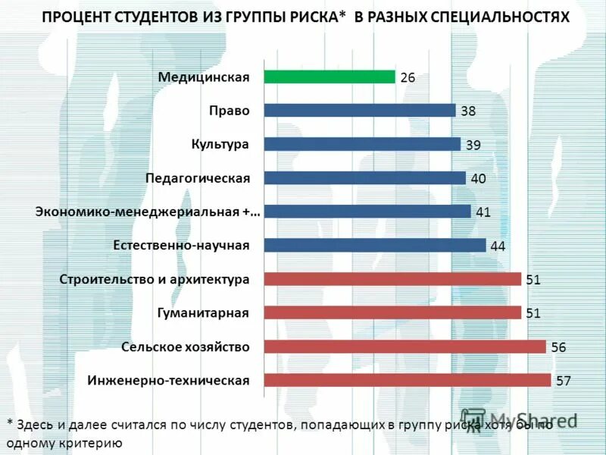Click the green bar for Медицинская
[330, 77]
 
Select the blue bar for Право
[359, 110]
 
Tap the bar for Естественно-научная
[375, 245]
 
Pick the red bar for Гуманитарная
[392, 312]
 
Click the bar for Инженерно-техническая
[408, 380]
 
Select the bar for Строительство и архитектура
[392, 279]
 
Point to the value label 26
[408, 77]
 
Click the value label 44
[498, 246]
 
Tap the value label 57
[563, 381]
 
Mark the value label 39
[473, 145]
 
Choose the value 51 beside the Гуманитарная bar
[533, 313]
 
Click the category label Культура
[220, 143]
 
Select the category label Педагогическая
[197, 177]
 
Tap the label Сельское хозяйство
[185, 347]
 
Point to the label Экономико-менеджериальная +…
[148, 212]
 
